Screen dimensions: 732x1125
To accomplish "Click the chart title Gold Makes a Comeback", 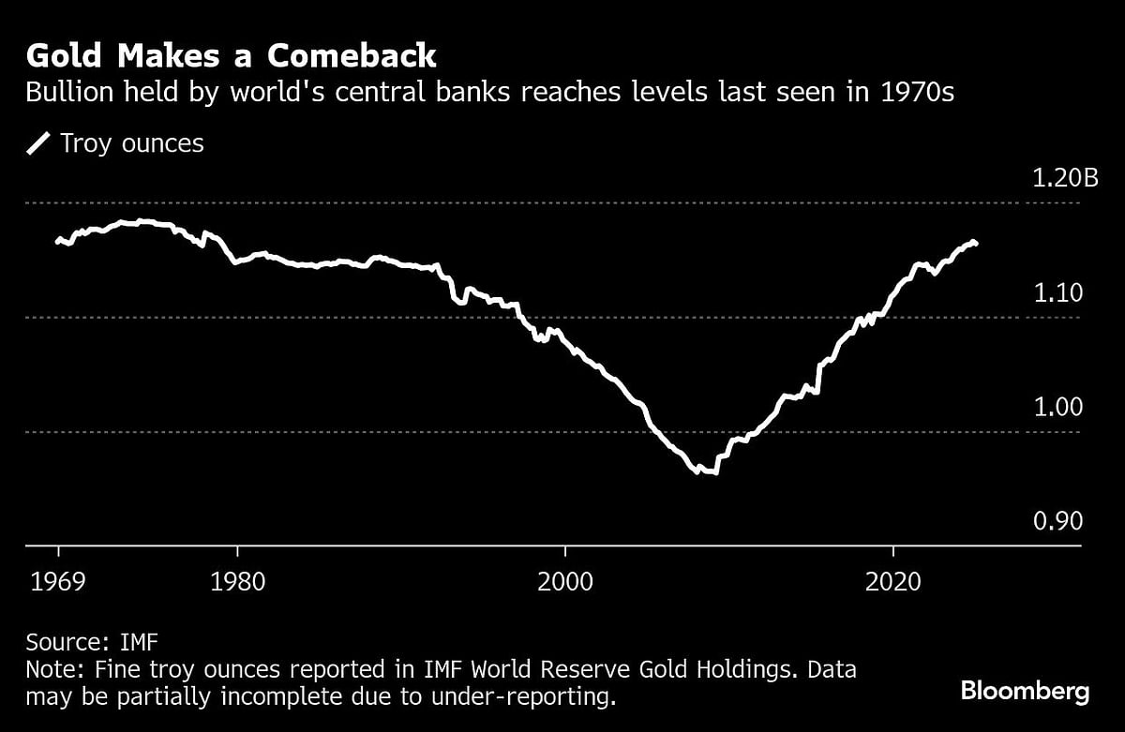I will tap(231, 55).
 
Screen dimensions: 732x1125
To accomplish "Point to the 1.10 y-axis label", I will tap(1057, 293).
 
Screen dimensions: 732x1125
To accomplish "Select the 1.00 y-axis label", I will tap(1057, 408).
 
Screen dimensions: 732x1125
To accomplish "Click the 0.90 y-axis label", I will tap(1057, 522).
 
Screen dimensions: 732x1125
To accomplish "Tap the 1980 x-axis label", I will tap(239, 580).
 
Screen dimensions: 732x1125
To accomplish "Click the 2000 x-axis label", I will tap(565, 580).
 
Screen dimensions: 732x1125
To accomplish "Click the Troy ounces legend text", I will tap(131, 143).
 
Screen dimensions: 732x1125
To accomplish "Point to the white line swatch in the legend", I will tap(39, 143).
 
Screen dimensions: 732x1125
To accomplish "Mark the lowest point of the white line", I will tap(714, 472).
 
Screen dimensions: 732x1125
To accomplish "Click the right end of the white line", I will tap(976, 243).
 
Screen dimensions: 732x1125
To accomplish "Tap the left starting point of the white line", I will tap(57, 241).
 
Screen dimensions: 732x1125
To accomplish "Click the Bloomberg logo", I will tap(1025, 692).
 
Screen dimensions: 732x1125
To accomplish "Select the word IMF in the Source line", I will tap(139, 643).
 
